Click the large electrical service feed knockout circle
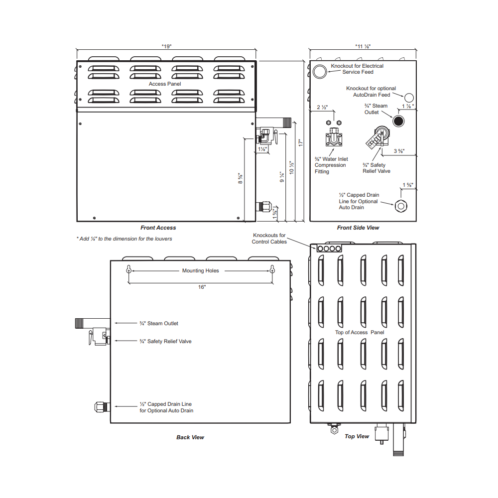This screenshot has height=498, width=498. (320, 71)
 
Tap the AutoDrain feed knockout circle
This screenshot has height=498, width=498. (409, 98)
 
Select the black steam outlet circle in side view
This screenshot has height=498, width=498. (398, 121)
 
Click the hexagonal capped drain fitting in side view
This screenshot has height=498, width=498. (401, 206)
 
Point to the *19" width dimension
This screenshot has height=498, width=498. (166, 46)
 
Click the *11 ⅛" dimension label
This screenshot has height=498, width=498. (363, 46)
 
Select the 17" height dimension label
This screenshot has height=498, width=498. (301, 143)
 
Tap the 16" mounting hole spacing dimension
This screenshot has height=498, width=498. (202, 287)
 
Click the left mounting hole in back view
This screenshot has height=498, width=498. (128, 270)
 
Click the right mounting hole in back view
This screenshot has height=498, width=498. (272, 270)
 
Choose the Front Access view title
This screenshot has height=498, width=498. (158, 228)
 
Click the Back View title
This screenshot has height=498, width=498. (190, 437)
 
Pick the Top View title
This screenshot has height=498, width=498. (357, 436)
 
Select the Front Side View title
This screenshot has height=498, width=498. (358, 228)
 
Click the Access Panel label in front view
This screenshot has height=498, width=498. (165, 84)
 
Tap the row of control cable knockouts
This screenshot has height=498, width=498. (329, 249)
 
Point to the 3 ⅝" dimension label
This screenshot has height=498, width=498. (399, 151)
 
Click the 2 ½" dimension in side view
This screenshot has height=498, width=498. (322, 108)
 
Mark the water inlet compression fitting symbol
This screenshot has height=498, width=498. (334, 137)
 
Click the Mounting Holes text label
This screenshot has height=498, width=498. (200, 270)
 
